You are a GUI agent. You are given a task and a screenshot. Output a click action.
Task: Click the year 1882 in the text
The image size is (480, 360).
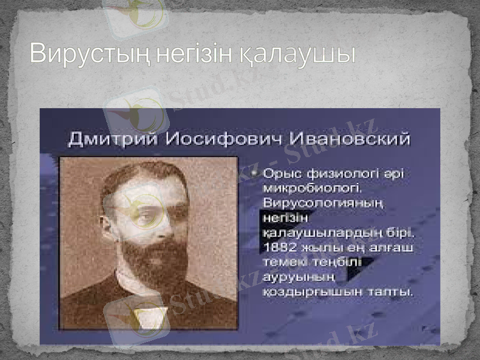tap(278, 247)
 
